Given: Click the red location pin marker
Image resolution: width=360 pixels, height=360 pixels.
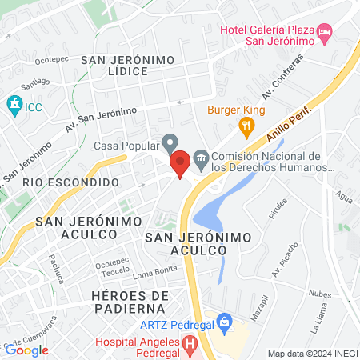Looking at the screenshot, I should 181,162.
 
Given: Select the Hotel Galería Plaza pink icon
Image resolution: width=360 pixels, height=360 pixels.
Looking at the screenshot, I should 325,33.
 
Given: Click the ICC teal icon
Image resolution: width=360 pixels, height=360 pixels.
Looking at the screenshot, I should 14,104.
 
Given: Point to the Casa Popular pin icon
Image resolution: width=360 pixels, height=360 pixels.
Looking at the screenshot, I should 170,142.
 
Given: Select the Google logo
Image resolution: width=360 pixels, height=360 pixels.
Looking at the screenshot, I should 26,350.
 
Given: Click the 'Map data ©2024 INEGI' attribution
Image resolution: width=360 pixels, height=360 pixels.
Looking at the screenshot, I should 311,354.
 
